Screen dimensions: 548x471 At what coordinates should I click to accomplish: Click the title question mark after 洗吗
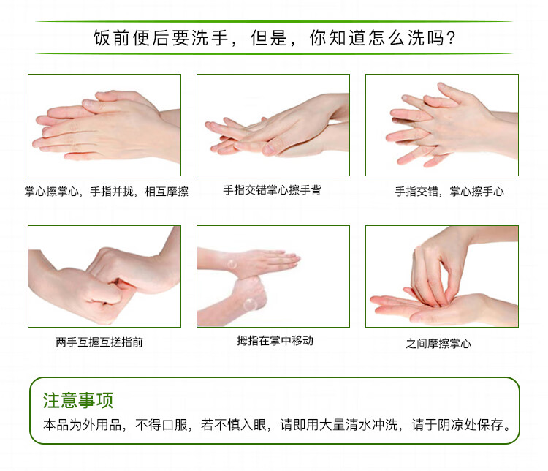click(451, 38)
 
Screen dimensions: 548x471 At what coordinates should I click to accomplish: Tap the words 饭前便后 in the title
click(132, 38)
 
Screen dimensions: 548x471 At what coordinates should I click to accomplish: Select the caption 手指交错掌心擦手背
click(272, 190)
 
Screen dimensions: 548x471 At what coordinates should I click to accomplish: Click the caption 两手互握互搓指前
click(99, 342)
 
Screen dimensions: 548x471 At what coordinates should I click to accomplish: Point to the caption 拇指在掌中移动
click(275, 341)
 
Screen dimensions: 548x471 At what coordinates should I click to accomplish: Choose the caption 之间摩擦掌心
click(438, 344)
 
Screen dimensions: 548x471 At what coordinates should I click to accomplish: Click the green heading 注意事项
click(78, 400)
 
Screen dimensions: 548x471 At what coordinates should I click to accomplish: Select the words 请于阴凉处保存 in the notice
click(457, 425)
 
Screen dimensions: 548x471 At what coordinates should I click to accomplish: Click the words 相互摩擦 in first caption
click(167, 192)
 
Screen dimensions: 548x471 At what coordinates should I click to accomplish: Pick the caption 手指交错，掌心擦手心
click(449, 192)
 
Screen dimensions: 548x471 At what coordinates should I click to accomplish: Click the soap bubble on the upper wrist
click(232, 264)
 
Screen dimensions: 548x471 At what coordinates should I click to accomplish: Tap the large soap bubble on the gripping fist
click(250, 304)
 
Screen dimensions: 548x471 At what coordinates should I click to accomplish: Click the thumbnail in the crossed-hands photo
click(268, 149)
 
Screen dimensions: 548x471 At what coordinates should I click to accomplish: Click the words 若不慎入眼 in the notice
click(234, 425)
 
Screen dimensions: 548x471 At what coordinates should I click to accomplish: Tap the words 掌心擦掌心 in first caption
click(51, 192)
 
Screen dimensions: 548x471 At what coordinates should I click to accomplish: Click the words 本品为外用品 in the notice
click(82, 425)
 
